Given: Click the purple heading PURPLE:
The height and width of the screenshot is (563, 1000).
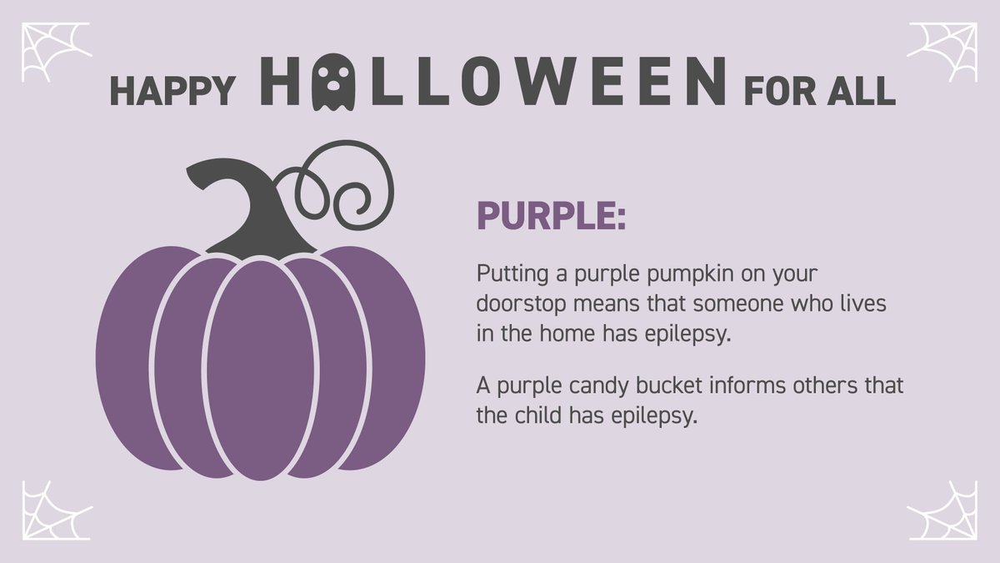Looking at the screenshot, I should coord(550,216).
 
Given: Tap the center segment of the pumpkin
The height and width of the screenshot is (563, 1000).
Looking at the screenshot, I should coord(261,367).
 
